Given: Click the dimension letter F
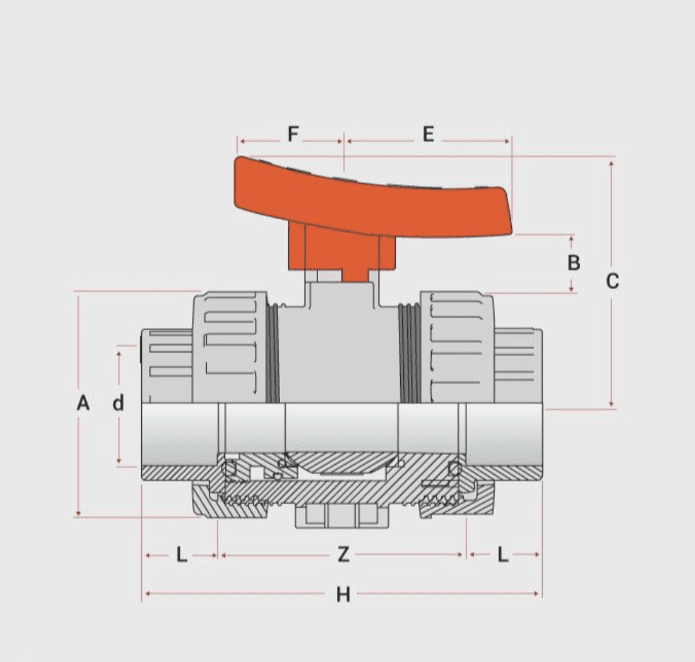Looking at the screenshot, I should (293, 135).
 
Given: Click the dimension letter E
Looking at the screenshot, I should (428, 135).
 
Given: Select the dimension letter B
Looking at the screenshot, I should (574, 262).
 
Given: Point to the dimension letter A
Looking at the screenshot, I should (83, 404).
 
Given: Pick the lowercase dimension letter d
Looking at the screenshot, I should (118, 404).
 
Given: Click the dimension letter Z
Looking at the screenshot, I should (344, 554).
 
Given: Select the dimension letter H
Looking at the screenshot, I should (344, 595).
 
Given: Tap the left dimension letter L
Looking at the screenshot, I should (182, 554).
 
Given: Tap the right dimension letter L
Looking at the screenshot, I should (503, 554).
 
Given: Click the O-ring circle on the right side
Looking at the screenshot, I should (456, 469).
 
